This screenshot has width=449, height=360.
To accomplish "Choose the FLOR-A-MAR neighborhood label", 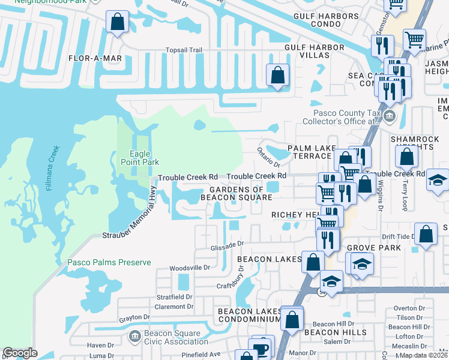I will pos(95,58).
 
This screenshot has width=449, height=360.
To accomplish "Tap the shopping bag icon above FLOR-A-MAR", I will pos(118,22).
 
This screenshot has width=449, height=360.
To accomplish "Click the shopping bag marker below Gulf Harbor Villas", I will pos(277,76).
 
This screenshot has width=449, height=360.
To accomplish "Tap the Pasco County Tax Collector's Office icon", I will pos(390,116).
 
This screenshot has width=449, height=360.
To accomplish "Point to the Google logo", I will pos(20,353).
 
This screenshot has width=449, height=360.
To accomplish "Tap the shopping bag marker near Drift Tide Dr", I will pos(426,235).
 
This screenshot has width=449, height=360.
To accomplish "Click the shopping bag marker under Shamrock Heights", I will pos(407,158).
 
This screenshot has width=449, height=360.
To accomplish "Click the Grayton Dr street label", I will pos(133,318).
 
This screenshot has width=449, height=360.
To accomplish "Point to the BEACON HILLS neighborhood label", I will pos(335,332).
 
